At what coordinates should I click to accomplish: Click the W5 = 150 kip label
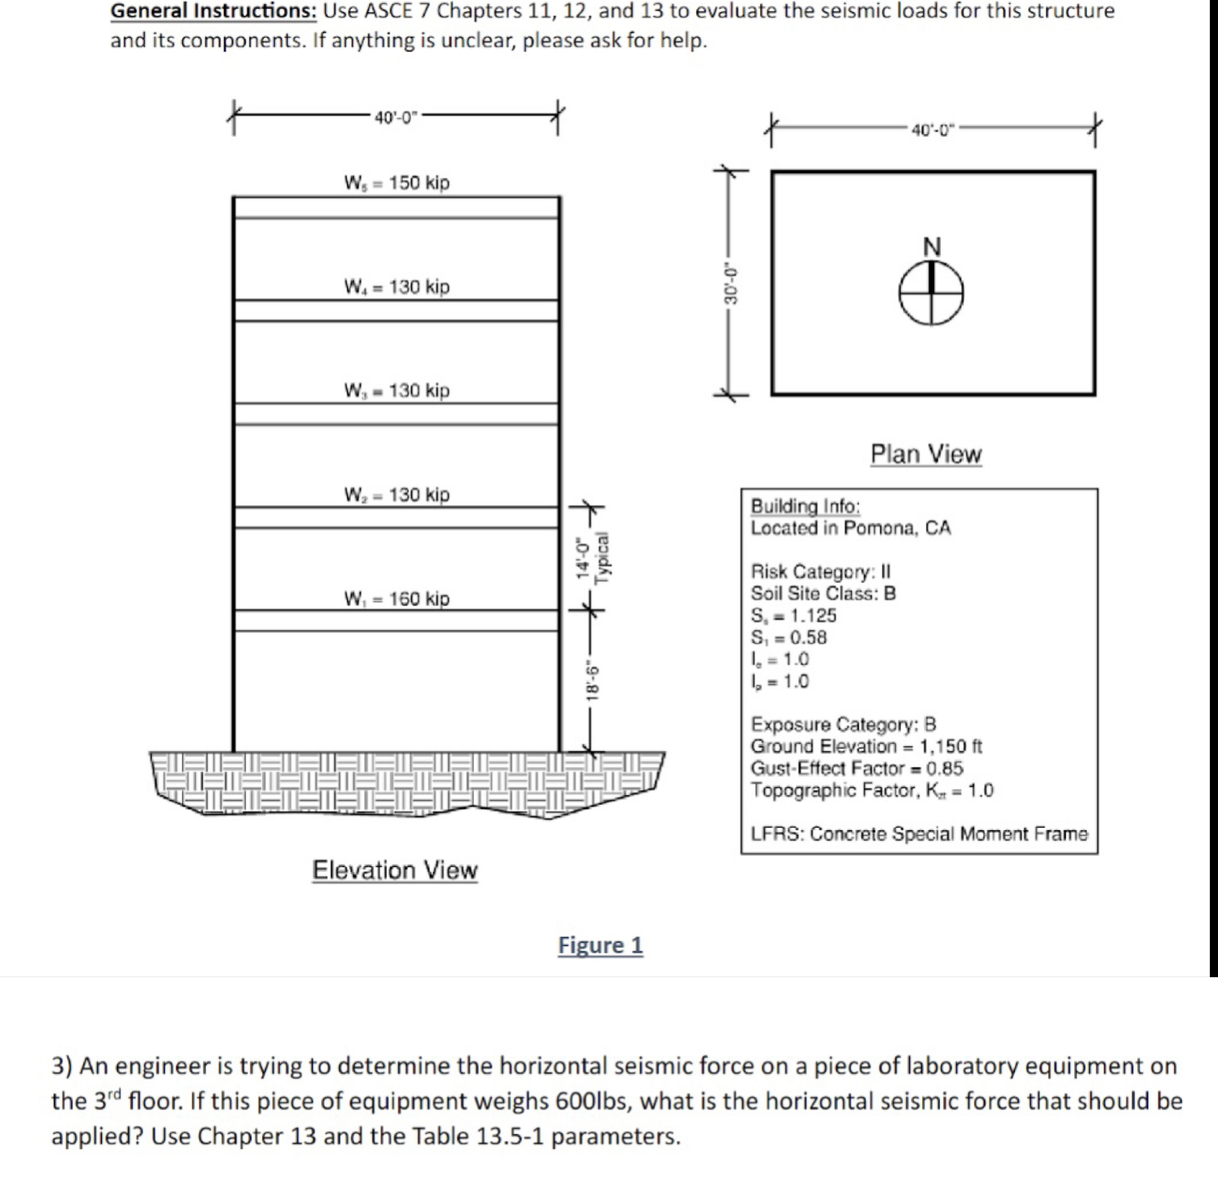point(396,183)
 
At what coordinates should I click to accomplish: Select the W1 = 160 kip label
point(396,599)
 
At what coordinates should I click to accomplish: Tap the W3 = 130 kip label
point(396,391)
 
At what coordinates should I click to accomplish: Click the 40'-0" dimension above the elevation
point(396,117)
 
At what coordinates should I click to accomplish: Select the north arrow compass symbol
point(931,292)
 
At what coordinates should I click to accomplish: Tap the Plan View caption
point(925,454)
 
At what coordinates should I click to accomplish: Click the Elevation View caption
point(395,870)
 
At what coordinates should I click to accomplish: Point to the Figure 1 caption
point(600,945)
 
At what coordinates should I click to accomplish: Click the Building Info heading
point(805,506)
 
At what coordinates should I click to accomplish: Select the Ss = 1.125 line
point(793,616)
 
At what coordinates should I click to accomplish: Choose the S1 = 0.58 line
point(788,638)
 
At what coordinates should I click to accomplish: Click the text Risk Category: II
point(820,572)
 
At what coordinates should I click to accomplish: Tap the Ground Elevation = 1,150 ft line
point(866,746)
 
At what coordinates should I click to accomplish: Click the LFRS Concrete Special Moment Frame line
point(919,834)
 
